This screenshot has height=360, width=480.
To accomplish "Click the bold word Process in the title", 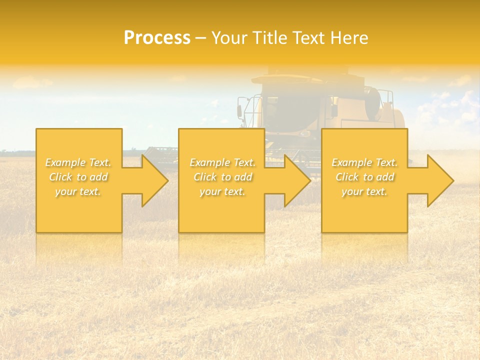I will (x=157, y=38).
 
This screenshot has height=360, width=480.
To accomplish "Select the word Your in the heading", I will (x=230, y=38).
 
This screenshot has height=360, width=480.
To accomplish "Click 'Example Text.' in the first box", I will (x=78, y=162).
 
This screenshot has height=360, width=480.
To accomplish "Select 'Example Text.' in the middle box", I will (x=222, y=162).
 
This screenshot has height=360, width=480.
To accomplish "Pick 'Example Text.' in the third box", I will (x=364, y=162).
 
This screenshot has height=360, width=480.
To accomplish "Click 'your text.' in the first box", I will (x=78, y=191).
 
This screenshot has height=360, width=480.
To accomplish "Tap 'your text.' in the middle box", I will (x=222, y=191).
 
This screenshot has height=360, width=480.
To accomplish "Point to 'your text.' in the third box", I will (x=364, y=191).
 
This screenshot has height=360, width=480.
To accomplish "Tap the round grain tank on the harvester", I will (x=372, y=104).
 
